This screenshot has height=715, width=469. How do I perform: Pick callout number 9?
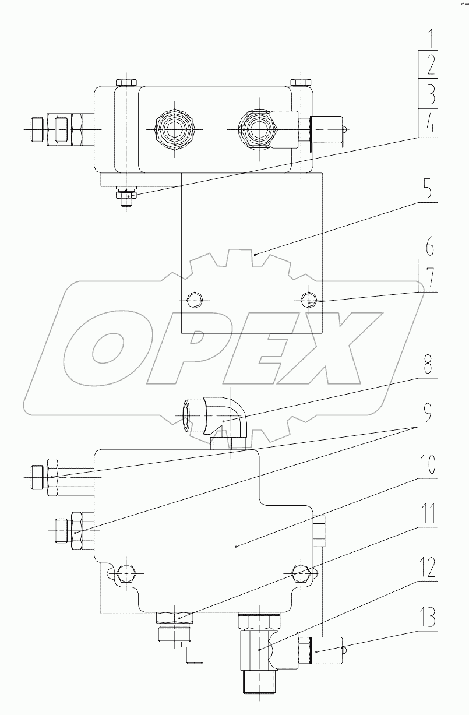point(428,413)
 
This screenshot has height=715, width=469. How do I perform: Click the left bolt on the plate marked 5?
point(195,301)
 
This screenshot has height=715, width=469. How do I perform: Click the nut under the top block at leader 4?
point(128,196)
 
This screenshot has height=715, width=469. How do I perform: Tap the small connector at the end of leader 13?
point(318,652)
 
